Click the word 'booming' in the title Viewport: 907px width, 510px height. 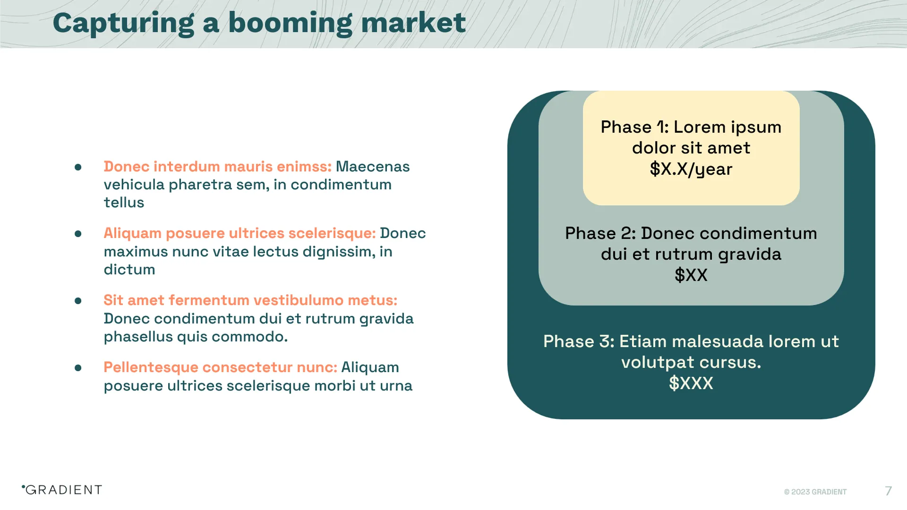[290, 23]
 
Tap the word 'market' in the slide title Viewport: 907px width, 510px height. [413, 23]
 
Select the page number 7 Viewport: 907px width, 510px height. [888, 491]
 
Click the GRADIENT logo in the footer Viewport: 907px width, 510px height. [62, 490]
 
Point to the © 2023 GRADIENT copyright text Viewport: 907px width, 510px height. [815, 492]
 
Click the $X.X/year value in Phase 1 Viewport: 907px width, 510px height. [691, 169]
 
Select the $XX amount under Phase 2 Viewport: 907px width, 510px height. [691, 275]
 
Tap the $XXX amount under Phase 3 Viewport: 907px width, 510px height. [691, 383]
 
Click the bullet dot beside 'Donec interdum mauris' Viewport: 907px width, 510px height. [78, 167]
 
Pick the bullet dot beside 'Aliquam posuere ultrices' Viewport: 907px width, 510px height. [78, 234]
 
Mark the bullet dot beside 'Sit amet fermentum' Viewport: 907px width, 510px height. [78, 301]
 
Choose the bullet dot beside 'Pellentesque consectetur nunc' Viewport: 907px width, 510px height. [78, 368]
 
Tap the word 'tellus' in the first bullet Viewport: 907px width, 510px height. [124, 203]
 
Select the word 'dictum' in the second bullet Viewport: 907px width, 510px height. [129, 270]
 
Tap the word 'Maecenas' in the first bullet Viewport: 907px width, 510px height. [372, 167]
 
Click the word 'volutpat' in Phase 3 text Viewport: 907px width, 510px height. [658, 362]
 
